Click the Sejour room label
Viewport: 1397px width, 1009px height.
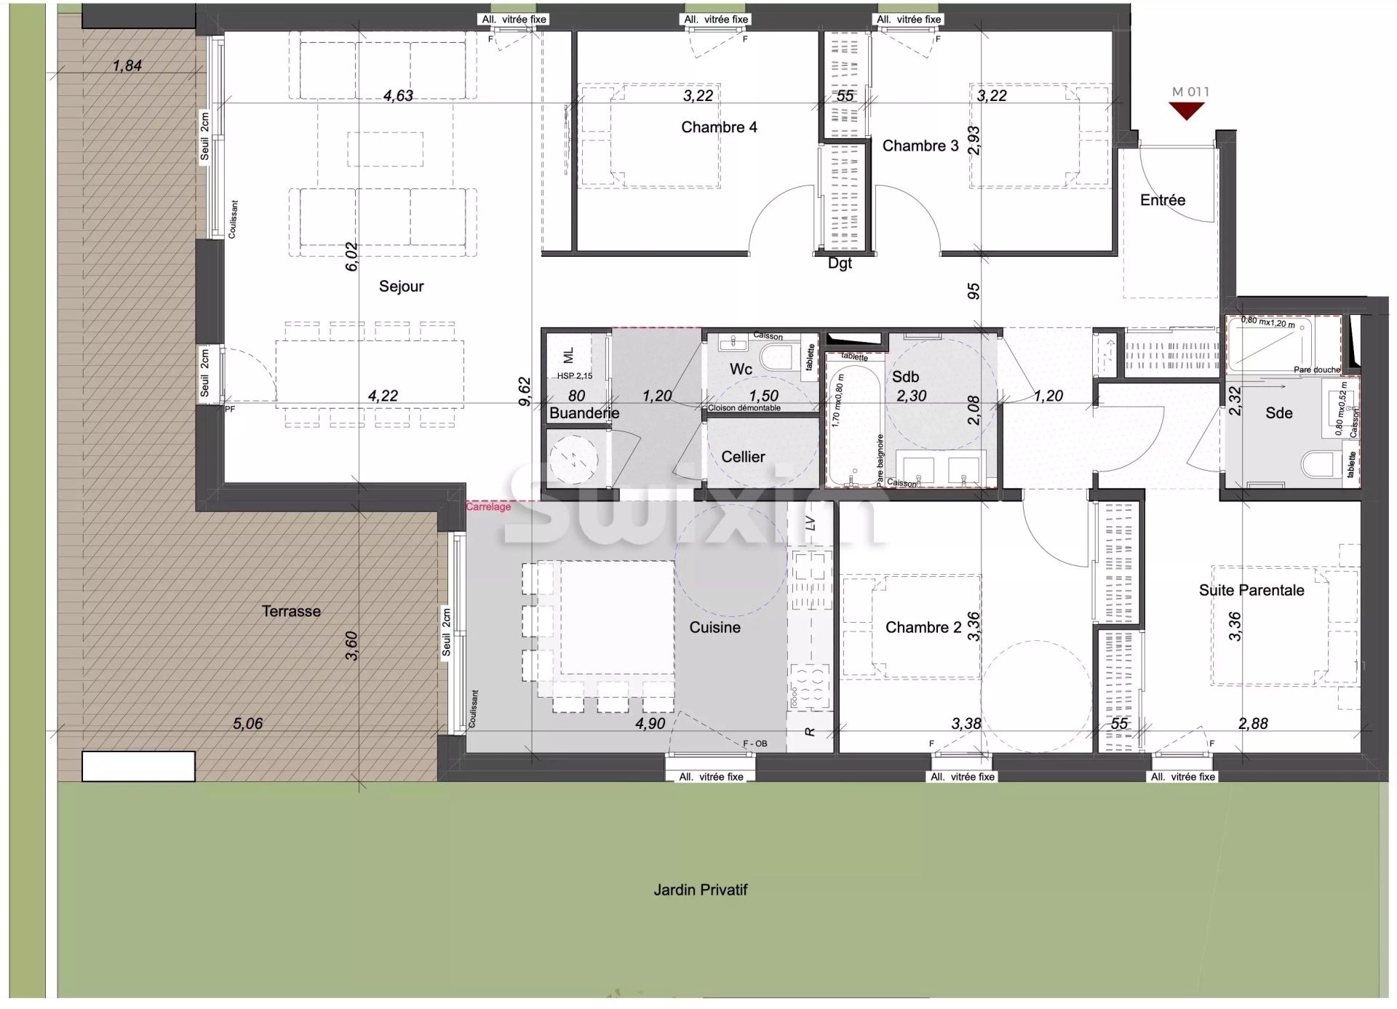tap(401, 286)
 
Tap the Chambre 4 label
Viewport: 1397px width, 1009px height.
tap(719, 127)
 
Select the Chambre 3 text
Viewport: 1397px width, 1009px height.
tap(920, 145)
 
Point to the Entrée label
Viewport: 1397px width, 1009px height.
tap(1162, 200)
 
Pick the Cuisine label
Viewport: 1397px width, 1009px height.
tap(715, 627)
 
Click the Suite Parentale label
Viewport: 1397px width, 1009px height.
tap(1251, 590)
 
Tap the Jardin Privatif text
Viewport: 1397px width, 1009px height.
tap(700, 890)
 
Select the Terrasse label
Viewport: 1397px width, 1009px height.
tap(291, 611)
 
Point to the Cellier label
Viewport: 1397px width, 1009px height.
tap(743, 457)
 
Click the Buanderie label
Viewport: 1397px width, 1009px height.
tap(584, 413)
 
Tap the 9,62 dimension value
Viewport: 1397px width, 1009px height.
tap(525, 391)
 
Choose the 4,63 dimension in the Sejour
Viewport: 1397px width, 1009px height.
tap(398, 95)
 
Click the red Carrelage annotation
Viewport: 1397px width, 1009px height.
tap(488, 506)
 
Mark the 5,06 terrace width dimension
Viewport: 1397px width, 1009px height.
tap(247, 723)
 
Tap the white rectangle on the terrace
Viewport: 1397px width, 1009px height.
tap(138, 766)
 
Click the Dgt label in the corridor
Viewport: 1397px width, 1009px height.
tap(839, 263)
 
